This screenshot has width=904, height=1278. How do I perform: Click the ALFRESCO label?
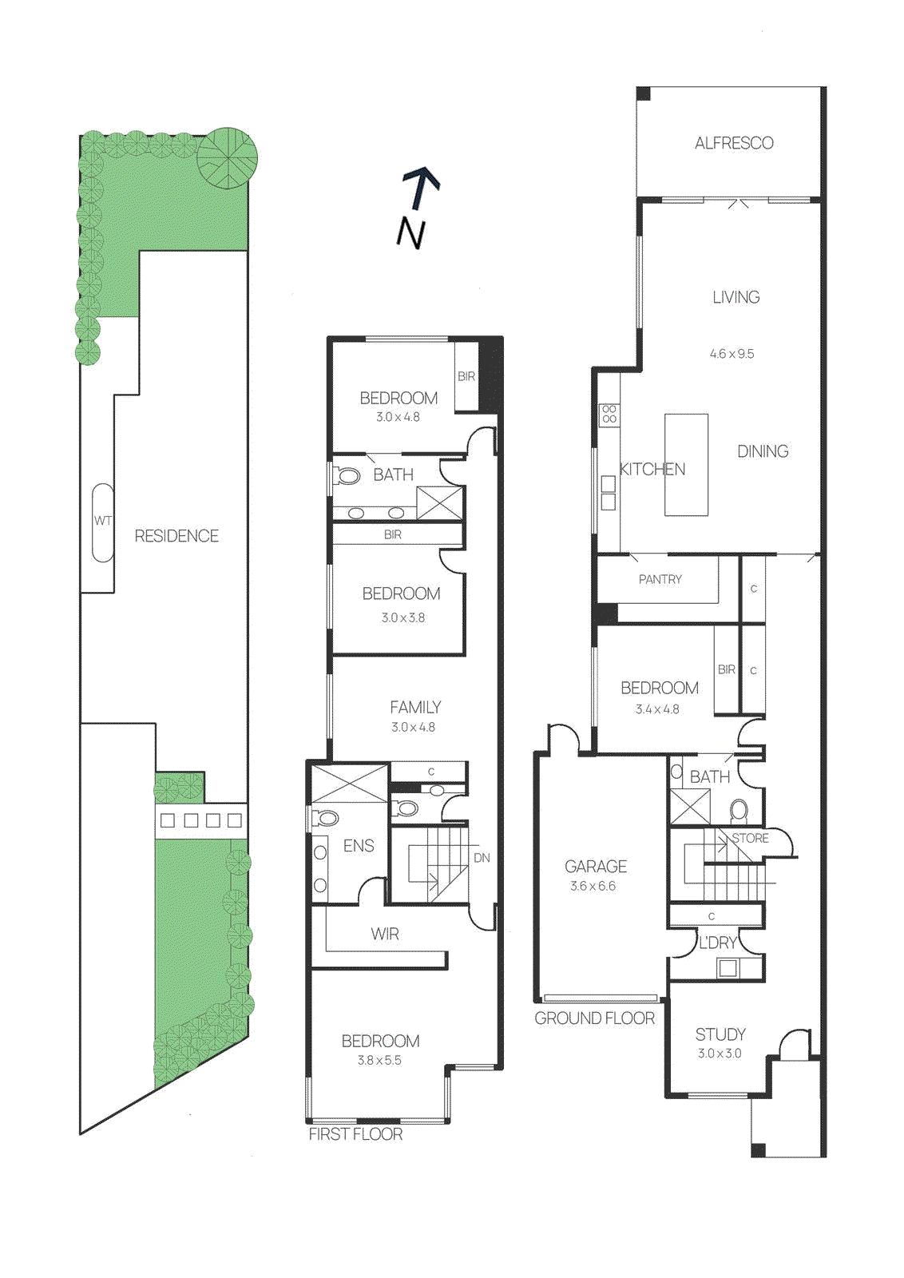pyautogui.click(x=734, y=144)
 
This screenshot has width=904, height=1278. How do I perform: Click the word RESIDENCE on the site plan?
pyautogui.click(x=176, y=536)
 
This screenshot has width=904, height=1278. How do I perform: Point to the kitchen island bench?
pyautogui.click(x=687, y=464)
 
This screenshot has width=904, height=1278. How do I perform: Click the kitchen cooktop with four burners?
pyautogui.click(x=609, y=414)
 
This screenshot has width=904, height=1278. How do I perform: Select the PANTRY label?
pyautogui.click(x=660, y=580)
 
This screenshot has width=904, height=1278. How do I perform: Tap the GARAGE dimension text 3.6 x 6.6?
pyautogui.click(x=593, y=887)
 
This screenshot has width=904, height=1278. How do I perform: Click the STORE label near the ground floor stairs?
pyautogui.click(x=751, y=839)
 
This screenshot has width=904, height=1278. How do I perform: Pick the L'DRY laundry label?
pyautogui.click(x=718, y=943)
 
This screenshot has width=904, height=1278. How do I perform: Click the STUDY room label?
pyautogui.click(x=720, y=1034)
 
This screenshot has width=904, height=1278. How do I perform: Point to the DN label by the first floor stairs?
pyautogui.click(x=482, y=858)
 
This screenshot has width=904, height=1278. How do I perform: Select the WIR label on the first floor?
pyautogui.click(x=385, y=935)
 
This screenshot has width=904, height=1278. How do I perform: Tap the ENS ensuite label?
pyautogui.click(x=359, y=846)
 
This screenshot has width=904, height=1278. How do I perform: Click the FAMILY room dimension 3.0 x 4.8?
pyautogui.click(x=413, y=728)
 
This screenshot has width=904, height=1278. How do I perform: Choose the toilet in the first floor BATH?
pyautogui.click(x=347, y=477)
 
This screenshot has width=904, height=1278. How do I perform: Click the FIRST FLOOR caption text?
pyautogui.click(x=355, y=1134)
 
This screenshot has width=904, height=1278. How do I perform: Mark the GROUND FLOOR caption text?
pyautogui.click(x=594, y=1018)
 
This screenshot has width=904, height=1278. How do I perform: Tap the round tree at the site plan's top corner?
pyautogui.click(x=228, y=157)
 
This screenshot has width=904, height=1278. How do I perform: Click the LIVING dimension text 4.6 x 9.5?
pyautogui.click(x=732, y=354)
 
